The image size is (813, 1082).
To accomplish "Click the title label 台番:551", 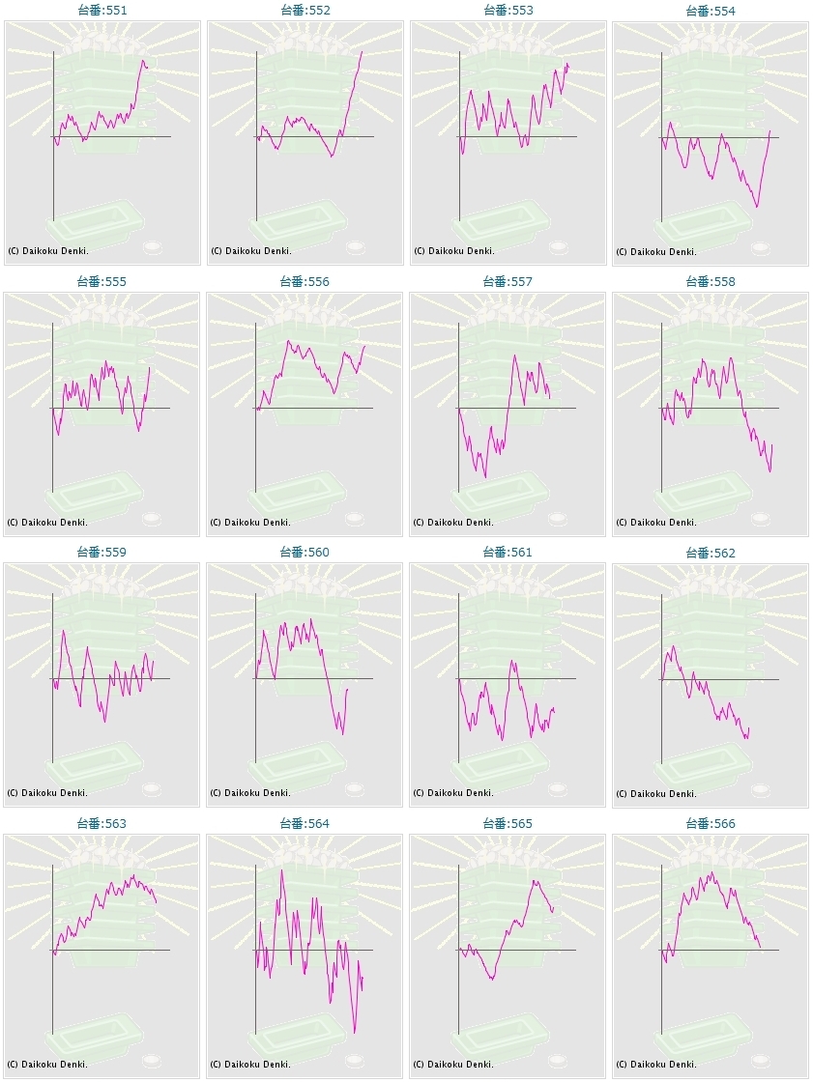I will click(102, 11).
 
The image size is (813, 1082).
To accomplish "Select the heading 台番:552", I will click(305, 11).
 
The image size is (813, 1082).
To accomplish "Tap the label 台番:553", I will click(508, 11).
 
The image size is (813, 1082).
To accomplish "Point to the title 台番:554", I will click(711, 11).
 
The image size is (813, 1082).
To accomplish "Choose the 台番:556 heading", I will click(305, 282).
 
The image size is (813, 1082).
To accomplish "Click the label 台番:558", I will click(711, 282).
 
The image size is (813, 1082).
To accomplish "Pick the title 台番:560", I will click(305, 553).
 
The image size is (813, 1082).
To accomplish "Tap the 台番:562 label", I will click(711, 553).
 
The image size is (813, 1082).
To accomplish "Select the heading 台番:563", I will click(102, 824).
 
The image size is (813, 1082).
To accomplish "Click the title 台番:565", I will click(508, 824).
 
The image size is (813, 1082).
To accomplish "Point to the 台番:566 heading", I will click(711, 824).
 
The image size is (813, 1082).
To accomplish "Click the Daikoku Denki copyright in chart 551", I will click(47, 251).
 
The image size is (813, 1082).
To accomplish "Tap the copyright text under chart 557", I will click(453, 523).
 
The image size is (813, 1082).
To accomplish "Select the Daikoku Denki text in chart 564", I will click(250, 1065).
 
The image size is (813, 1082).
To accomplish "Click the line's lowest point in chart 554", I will click(757, 206).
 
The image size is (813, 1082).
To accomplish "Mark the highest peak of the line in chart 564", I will click(281, 870).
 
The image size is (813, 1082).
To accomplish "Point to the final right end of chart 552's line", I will click(363, 51).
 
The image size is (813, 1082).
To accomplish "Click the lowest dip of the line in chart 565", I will click(492, 980).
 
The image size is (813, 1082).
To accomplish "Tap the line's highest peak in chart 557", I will click(514, 355).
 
